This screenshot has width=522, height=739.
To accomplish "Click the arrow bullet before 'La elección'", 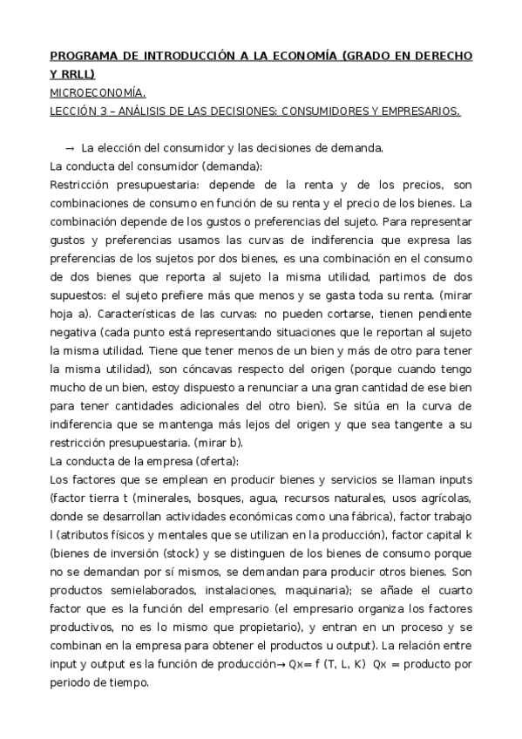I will [x=70, y=147].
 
